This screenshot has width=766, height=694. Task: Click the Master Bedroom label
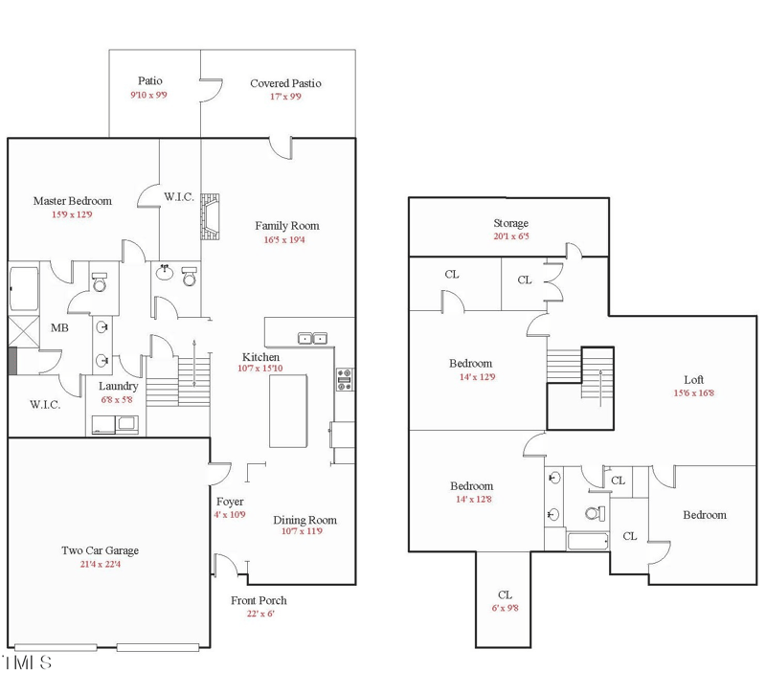coord(73,201)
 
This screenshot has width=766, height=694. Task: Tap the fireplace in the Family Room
coord(210,216)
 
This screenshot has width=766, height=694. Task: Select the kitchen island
coord(288,411)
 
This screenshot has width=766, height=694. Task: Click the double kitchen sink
coord(313,338)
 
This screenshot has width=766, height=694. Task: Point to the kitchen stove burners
coord(345,379)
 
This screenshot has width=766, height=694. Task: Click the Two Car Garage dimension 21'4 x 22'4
coord(101,564)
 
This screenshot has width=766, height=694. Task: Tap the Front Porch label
coord(259,600)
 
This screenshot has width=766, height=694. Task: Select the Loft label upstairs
coord(693,379)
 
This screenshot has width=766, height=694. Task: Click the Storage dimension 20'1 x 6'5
coord(511,235)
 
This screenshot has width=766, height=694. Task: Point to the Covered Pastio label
coord(285,83)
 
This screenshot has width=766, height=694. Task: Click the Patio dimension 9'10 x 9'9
coord(148,95)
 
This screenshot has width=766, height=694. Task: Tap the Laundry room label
coord(118,387)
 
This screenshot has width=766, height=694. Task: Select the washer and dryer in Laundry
coord(115,424)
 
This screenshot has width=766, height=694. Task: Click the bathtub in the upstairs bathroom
coord(588,541)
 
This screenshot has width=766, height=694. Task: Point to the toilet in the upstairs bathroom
coord(595,513)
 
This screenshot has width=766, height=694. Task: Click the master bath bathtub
coord(24,288)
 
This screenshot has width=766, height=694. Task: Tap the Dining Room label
coord(304,520)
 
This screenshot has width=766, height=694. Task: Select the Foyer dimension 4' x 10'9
coord(230,515)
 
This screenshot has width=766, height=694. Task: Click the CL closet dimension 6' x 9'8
coord(506,608)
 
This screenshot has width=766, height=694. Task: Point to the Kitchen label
coord(260,357)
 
